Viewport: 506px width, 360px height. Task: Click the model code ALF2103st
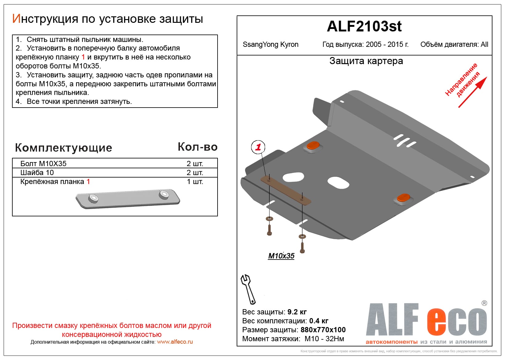[x=364, y=27]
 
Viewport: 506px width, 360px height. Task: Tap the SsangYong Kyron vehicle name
[x=270, y=44]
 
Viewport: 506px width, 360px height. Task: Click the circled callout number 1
[x=258, y=147]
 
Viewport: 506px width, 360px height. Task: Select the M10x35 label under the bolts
[x=281, y=256]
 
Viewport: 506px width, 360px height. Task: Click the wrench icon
[x=248, y=289]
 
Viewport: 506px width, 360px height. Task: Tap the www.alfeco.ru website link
[x=175, y=342]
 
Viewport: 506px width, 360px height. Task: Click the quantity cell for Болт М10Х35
[x=195, y=164]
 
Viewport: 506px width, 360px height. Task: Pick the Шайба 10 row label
[x=37, y=173]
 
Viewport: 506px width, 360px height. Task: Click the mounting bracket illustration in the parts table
[x=128, y=199]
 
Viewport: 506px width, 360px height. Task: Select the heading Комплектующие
[x=63, y=148]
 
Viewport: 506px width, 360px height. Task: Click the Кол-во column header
[x=198, y=147]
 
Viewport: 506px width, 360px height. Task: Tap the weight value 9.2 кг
[x=297, y=312]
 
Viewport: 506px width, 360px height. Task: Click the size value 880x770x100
[x=323, y=330]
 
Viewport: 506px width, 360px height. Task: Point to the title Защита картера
[x=366, y=61]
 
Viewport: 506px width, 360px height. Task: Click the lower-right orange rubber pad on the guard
[x=403, y=198]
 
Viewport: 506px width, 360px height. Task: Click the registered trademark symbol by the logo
[x=484, y=303]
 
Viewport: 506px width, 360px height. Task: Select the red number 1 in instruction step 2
[x=83, y=57]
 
